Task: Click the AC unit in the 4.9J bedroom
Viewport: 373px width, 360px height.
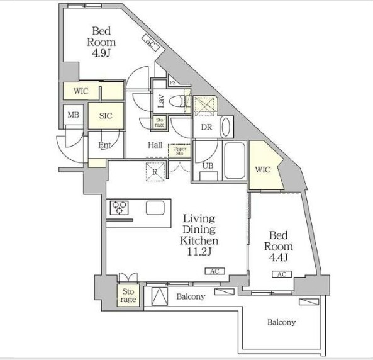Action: tap(151, 43)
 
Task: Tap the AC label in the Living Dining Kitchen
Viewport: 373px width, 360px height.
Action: tap(215, 271)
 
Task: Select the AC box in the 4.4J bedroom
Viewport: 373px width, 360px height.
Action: tap(282, 274)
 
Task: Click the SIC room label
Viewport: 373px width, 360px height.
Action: tap(106, 116)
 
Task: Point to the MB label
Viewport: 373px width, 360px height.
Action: tap(73, 115)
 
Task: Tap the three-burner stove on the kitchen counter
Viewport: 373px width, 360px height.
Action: tap(119, 208)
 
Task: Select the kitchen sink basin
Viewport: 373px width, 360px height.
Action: tap(155, 208)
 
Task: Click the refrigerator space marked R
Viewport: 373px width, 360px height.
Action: tap(155, 172)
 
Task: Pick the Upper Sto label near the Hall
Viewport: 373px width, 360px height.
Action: tap(180, 151)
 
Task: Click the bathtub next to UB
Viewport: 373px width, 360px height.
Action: tap(235, 160)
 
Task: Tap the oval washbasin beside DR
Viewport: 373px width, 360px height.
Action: tap(226, 127)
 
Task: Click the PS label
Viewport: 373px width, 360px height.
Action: tap(173, 83)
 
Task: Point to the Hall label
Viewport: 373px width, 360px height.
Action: tap(155, 145)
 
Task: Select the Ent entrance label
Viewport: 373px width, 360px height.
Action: tap(104, 145)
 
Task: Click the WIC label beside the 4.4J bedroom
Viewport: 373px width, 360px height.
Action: tap(263, 169)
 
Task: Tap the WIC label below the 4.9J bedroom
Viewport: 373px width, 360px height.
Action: tap(81, 91)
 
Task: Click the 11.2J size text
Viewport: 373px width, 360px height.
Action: tap(199, 252)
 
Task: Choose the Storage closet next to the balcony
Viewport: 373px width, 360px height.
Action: tap(128, 295)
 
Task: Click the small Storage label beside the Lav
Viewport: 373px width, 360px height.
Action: tap(159, 122)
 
